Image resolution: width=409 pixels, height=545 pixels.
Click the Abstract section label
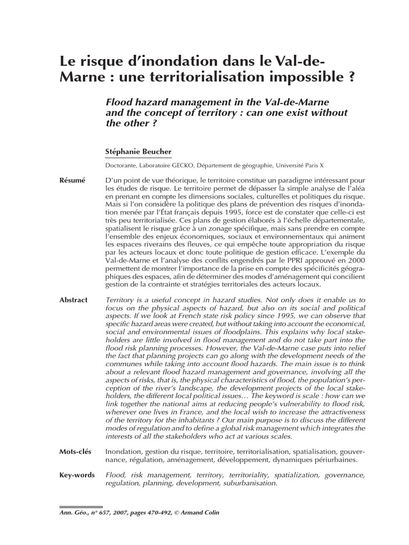click(x=73, y=300)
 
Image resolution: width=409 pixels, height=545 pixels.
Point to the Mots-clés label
click(x=75, y=451)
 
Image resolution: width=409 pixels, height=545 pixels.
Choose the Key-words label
click(x=77, y=474)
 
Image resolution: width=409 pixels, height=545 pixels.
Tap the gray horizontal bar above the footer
click(x=81, y=507)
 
